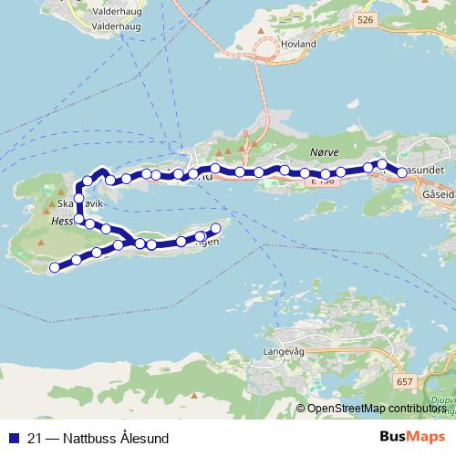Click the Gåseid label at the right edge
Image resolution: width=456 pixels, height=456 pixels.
click(x=439, y=194)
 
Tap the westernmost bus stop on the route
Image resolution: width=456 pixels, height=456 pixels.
click(x=55, y=267)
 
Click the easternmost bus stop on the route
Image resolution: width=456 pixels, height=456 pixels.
click(x=402, y=171)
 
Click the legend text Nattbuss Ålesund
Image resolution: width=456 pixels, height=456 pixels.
click(x=110, y=438)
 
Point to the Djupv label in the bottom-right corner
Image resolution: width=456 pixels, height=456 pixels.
click(x=441, y=398)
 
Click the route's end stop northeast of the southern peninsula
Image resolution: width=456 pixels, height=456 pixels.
click(x=216, y=228)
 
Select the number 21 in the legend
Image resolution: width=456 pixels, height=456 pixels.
click(x=36, y=438)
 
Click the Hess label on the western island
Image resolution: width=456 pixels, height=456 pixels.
click(x=61, y=220)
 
